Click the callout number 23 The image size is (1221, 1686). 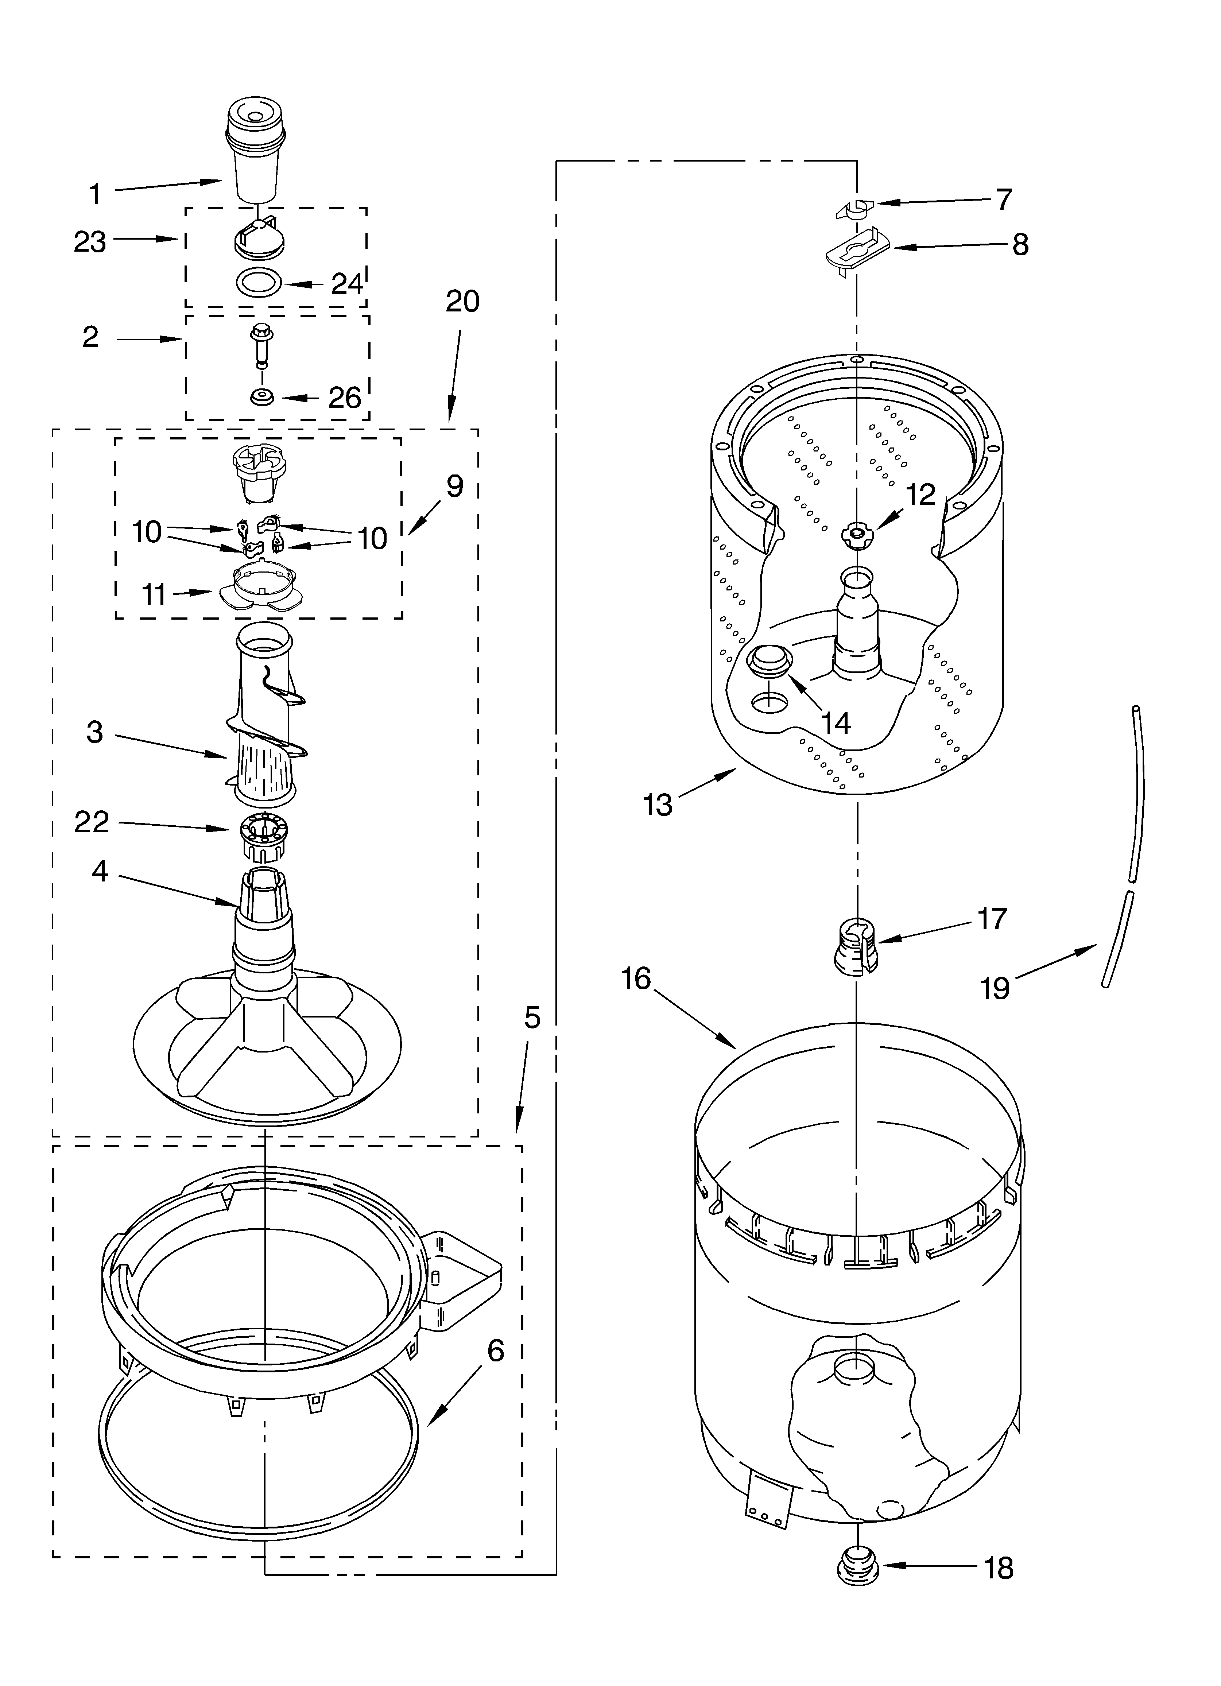tap(90, 241)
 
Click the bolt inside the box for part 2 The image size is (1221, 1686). tap(261, 344)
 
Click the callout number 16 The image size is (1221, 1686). tap(636, 978)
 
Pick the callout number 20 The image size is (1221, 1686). tap(462, 301)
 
